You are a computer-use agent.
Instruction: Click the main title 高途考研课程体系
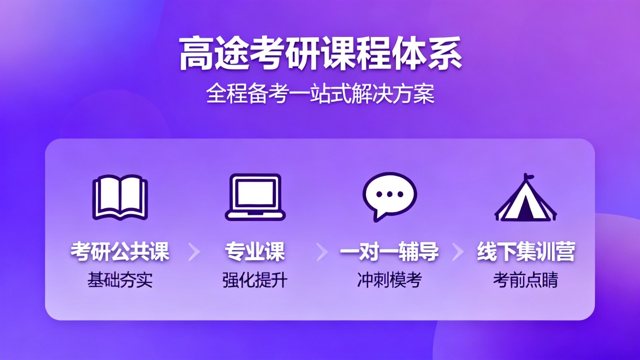coord(320,54)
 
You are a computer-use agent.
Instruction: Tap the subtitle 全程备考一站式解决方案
coord(320,94)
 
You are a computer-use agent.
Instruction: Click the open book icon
coord(120,198)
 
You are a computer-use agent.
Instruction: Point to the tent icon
coord(526,198)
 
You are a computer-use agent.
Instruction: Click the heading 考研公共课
coord(120,252)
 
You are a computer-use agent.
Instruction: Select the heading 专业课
coord(255,252)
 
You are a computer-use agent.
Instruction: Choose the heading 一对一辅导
coord(390,252)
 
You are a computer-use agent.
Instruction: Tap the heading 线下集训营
coord(526,252)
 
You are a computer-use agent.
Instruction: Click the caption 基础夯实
coord(120,280)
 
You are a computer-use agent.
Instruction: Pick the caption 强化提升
coord(255,280)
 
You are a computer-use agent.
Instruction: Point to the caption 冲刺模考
coord(390,280)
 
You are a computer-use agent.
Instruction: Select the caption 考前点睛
coord(526,280)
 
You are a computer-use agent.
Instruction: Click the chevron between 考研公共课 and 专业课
coord(194,252)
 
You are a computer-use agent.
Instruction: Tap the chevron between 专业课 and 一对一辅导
coord(322,252)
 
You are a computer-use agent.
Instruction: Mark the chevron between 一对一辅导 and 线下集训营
coord(458,252)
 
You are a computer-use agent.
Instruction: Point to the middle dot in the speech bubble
coord(390,194)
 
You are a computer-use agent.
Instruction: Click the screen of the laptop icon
coord(255,193)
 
